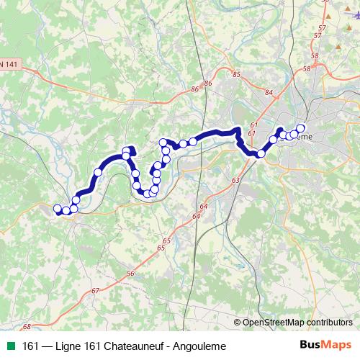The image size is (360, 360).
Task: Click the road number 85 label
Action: point(236,73)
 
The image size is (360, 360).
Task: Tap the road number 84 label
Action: point(269,92)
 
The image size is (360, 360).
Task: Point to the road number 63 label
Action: point(235,180)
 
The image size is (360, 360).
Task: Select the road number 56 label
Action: point(130,274)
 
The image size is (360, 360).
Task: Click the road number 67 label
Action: point(96,290)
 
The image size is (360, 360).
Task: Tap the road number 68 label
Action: point(26,326)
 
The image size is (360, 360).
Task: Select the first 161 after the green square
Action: point(31,346)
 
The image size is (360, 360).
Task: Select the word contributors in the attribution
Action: point(330,322)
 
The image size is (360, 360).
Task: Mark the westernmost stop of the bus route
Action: point(58,209)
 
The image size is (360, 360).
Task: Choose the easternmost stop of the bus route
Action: point(300,129)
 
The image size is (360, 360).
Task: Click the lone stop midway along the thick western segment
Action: point(97,172)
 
